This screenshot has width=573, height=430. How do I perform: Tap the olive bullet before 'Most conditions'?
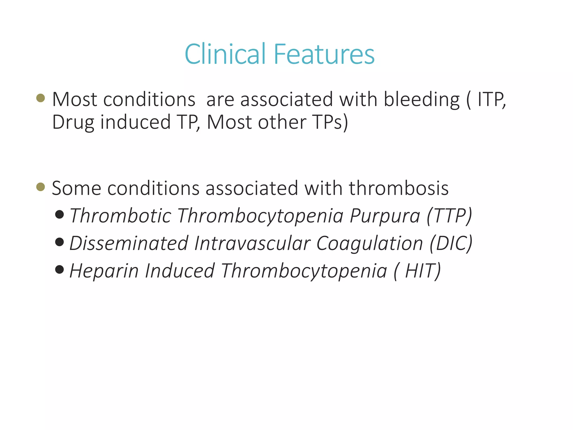pos(41,98)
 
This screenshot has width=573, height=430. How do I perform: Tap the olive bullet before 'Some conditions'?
pos(41,187)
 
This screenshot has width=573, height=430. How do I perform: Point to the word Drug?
pos(73,123)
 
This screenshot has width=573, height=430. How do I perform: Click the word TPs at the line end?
pos(330,122)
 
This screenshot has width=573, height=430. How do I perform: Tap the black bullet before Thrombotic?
pos(60,215)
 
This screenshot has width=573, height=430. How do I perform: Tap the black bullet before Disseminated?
pos(60,242)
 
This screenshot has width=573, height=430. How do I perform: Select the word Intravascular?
pos(252,243)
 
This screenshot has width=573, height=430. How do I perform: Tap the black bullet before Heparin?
pos(60,269)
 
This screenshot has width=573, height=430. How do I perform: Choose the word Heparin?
pos(104,271)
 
